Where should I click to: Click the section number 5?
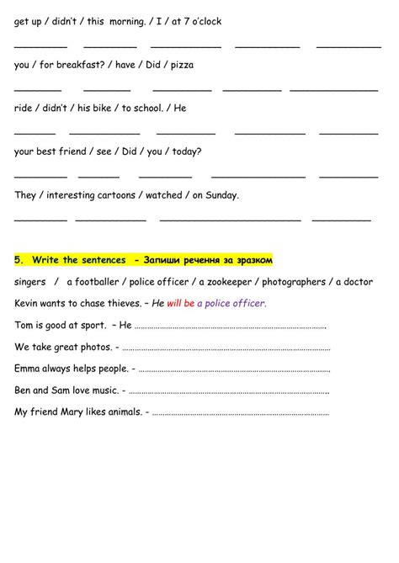[x=19, y=260]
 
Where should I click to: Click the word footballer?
[x=94, y=282]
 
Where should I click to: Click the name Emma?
[x=29, y=369]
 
